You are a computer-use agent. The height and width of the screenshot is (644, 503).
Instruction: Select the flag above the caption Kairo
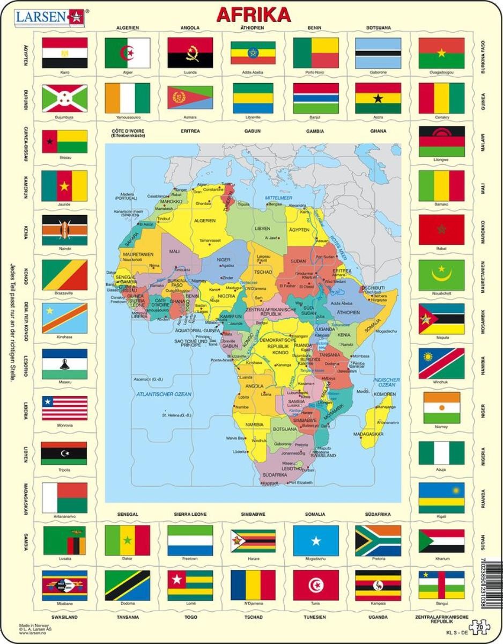coord(64,52)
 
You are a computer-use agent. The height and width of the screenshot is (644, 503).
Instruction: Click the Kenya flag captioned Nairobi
coord(64,231)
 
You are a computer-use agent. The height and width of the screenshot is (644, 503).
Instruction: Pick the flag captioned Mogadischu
coord(315,540)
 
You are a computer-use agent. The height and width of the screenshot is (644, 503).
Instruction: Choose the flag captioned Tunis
coord(315,585)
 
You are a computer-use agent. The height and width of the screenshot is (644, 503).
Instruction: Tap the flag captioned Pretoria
coord(378,540)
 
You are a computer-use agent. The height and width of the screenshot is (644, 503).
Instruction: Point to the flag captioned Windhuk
coord(441,363)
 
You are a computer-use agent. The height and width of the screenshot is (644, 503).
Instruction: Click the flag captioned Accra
coord(378,98)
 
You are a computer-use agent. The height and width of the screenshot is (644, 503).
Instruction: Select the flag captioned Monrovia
coord(64,408)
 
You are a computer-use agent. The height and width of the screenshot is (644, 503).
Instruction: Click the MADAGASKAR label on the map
coord(368,433)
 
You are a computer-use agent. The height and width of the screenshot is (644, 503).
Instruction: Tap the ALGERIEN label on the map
coord(204,221)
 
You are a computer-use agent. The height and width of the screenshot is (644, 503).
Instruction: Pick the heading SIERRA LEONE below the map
coord(190,514)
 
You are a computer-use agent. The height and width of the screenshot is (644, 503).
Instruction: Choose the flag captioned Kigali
coord(441,497)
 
